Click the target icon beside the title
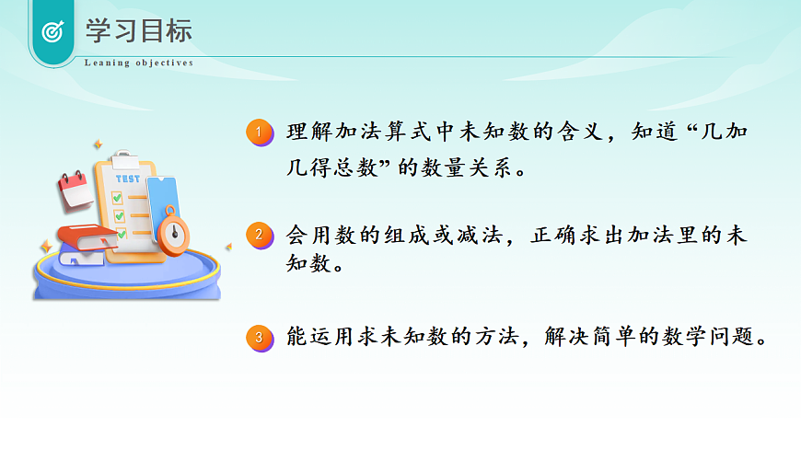(x=52, y=31)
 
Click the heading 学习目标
(x=139, y=30)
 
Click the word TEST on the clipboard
(x=128, y=179)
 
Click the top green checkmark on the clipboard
(x=117, y=197)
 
